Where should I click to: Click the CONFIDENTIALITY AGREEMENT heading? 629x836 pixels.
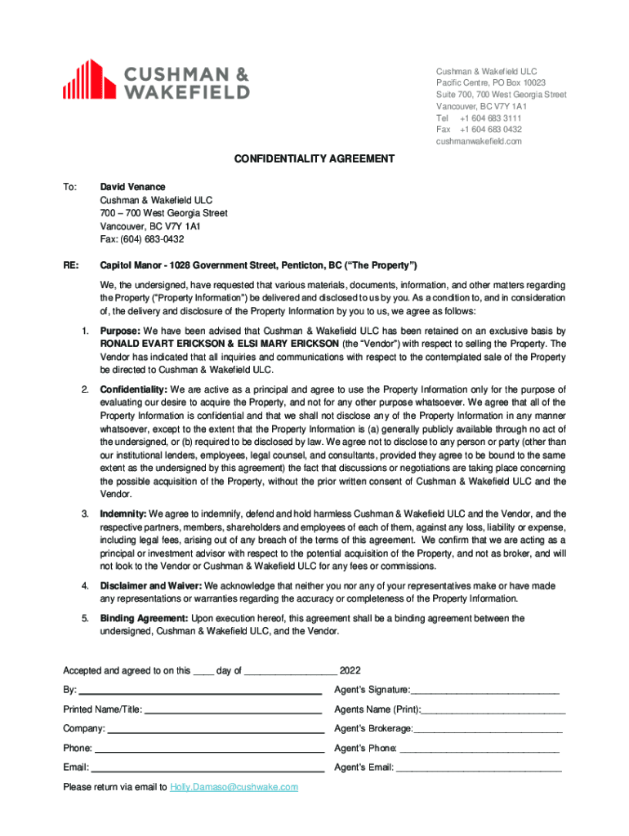coord(314,159)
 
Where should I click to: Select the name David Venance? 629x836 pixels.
coord(132,187)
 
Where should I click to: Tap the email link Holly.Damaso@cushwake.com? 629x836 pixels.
coord(234,787)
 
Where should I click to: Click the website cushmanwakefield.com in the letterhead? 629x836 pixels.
coord(479,141)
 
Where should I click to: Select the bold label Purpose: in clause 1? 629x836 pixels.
coord(120,331)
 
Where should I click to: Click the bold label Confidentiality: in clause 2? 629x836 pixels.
coord(132,389)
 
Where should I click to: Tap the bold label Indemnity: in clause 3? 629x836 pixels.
coord(123,514)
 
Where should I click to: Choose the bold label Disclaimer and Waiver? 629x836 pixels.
coord(151,586)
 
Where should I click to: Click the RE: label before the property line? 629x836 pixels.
coord(71,266)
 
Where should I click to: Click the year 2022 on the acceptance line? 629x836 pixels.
coord(350,671)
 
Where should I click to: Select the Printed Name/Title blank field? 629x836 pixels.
coord(232,710)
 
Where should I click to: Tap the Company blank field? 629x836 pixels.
coord(215,729)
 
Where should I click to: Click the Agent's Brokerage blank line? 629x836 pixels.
coord(488,729)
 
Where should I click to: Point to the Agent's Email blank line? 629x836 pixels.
coord(479,768)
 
